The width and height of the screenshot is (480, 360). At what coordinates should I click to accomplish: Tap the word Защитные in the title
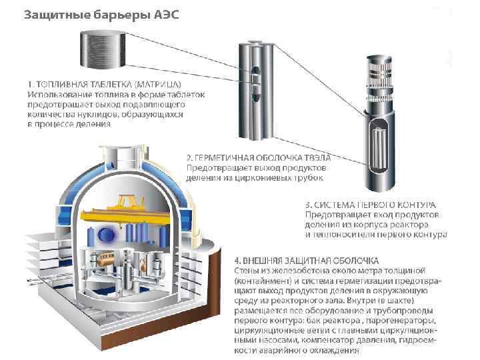(x=52, y=15)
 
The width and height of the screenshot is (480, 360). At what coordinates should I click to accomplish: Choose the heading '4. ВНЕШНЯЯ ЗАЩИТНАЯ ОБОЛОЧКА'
(x=307, y=260)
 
